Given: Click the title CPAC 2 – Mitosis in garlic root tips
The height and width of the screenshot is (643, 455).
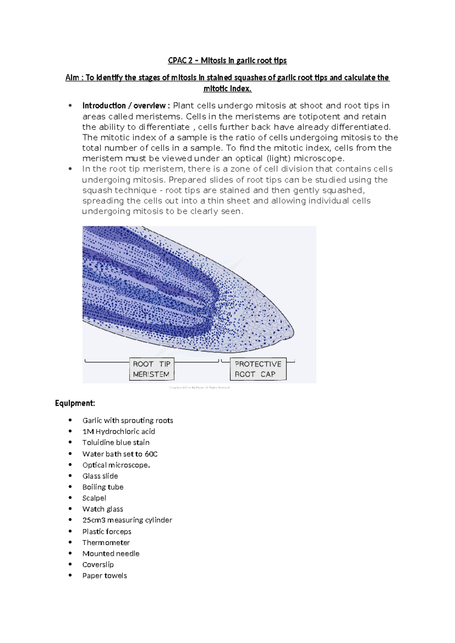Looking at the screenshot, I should [x=227, y=61].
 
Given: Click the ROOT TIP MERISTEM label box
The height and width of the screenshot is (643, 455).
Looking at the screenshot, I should [x=152, y=369].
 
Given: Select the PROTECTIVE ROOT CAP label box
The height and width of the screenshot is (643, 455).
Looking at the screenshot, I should [x=258, y=369].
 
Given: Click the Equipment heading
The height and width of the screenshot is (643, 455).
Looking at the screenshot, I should [x=75, y=403].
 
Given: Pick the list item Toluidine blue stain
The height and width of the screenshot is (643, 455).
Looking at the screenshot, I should [x=116, y=442].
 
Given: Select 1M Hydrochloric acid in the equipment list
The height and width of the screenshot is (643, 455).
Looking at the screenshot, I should [x=119, y=431].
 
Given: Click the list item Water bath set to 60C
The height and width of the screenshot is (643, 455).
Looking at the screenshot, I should [x=120, y=454].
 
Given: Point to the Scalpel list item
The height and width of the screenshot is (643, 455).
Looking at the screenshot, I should [x=94, y=498].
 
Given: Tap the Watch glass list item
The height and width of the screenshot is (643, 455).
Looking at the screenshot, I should [x=103, y=509].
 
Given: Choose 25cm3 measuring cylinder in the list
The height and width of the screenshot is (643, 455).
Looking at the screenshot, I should [x=127, y=520].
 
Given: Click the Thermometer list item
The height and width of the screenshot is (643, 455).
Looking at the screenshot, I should [x=106, y=543].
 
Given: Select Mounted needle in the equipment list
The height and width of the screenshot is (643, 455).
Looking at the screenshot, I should [x=111, y=554].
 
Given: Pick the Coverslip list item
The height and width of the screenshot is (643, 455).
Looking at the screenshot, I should [x=98, y=565].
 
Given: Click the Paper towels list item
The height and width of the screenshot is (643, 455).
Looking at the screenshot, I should [x=105, y=576].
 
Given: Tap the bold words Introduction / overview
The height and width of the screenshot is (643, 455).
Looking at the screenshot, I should [x=124, y=105].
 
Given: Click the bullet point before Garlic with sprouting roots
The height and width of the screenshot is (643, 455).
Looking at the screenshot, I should [x=70, y=420].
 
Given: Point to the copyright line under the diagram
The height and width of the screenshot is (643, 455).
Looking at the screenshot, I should [x=199, y=387].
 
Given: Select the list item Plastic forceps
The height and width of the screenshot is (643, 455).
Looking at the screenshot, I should [x=107, y=532].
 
